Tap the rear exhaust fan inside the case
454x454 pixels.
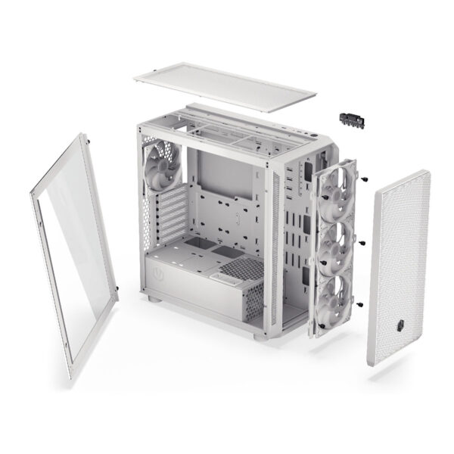[160, 170]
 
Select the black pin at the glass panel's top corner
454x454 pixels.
[89, 140]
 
